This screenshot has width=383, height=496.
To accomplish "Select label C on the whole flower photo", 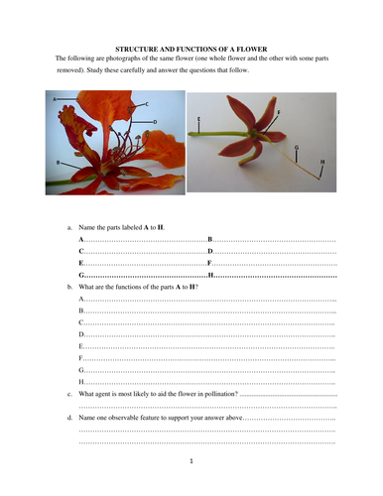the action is coord(146,103).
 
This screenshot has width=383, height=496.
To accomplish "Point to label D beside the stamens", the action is coord(155,121).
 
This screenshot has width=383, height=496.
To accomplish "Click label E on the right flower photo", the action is coord(198,119).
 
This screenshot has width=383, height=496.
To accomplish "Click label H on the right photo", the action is coord(322,160).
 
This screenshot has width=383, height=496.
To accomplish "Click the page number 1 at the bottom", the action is coord(191,461).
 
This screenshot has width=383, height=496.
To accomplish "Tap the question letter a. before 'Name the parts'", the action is coord(68,228).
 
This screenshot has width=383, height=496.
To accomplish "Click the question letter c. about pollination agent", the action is coord(68,394).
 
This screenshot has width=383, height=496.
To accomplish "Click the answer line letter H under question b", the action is coord(81,382).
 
